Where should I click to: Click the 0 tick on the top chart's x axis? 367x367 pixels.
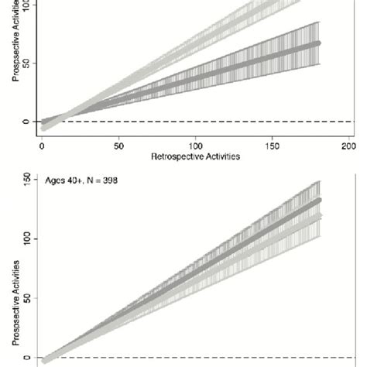[42, 145]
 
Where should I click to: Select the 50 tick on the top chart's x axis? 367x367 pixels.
[118, 145]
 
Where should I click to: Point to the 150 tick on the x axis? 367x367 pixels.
[272, 145]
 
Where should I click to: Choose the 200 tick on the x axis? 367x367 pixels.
[348, 145]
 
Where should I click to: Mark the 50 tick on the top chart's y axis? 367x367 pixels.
[26, 63]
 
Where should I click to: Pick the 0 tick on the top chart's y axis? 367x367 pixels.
[26, 122]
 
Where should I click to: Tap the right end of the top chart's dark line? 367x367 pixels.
[318, 43]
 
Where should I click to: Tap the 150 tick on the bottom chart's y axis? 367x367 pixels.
[26, 180]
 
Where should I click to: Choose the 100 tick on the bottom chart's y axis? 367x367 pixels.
[26, 238]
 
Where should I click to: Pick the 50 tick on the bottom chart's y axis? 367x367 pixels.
[26, 297]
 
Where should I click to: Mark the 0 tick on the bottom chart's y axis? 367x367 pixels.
[26, 357]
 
